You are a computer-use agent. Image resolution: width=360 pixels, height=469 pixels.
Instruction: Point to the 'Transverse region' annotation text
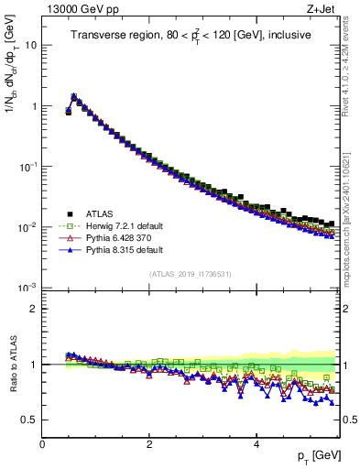point(191,36)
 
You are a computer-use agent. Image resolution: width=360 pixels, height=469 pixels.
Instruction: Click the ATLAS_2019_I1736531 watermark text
point(191,274)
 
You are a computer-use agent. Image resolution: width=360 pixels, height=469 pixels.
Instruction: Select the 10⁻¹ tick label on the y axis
point(28,166)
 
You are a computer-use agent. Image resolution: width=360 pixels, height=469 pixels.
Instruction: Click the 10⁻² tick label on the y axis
point(28,226)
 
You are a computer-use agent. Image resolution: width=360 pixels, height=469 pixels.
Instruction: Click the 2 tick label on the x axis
point(149,443)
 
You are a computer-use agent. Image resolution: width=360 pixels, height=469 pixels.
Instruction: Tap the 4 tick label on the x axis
point(256,443)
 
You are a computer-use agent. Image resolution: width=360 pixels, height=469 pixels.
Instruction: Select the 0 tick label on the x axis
point(42,443)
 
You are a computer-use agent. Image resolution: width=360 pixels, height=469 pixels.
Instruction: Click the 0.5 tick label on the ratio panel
point(29,420)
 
